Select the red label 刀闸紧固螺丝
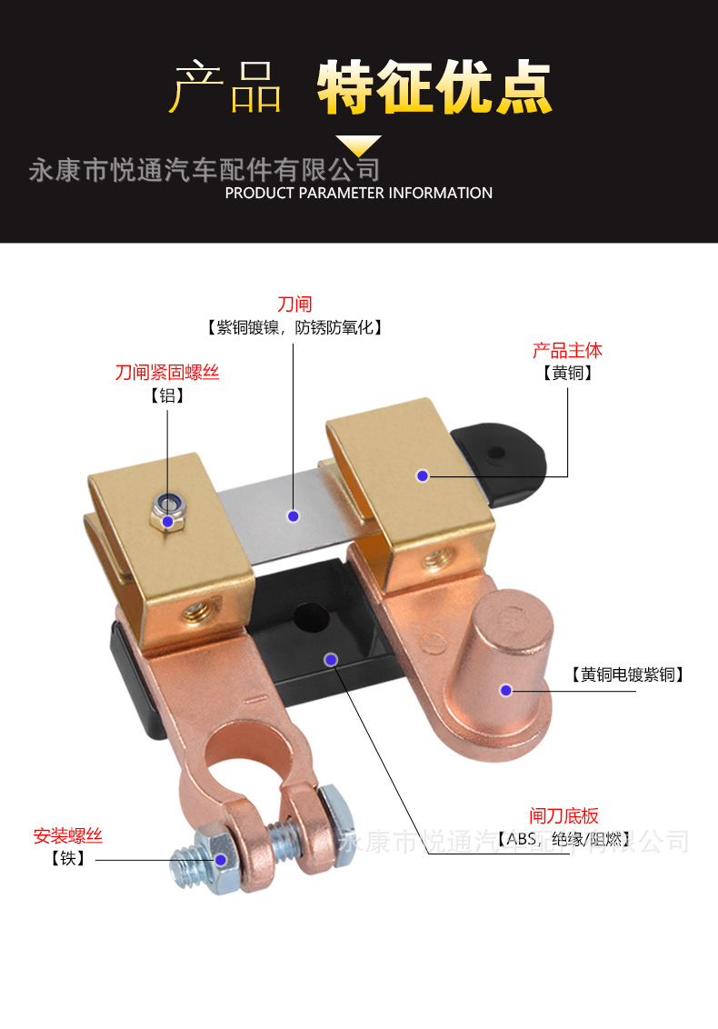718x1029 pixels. pyautogui.click(x=167, y=372)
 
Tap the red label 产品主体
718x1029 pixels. pyautogui.click(x=567, y=350)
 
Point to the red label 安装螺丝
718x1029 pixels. pyautogui.click(x=68, y=835)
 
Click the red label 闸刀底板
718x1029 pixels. pyautogui.click(x=564, y=815)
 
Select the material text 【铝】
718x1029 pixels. pyautogui.click(x=166, y=395)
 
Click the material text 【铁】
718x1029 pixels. pyautogui.click(x=68, y=858)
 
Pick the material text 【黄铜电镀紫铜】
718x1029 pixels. pyautogui.click(x=627, y=674)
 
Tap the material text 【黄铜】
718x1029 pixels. pyautogui.click(x=567, y=373)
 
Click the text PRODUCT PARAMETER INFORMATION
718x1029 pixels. pyautogui.click(x=358, y=193)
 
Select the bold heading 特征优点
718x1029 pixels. pyautogui.click(x=434, y=88)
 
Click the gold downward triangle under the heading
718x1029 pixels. pyautogui.click(x=358, y=145)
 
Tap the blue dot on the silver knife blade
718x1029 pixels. pyautogui.click(x=293, y=516)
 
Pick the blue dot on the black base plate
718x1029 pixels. pyautogui.click(x=331, y=659)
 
